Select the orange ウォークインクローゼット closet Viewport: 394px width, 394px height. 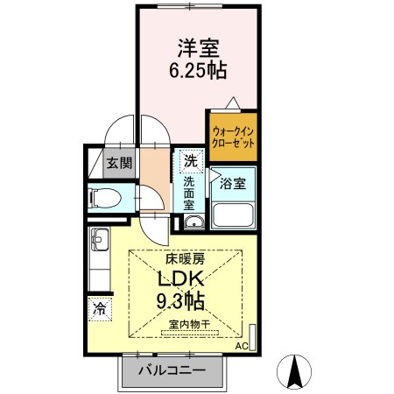click(x=233, y=137)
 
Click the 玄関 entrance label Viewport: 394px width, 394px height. click(x=120, y=163)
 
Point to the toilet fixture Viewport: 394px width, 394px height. click(x=104, y=197)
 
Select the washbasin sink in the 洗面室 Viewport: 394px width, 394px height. click(x=193, y=222)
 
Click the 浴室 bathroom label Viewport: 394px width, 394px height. click(x=232, y=184)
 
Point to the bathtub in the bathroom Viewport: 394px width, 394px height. click(x=232, y=215)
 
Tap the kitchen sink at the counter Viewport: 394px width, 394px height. click(x=97, y=237)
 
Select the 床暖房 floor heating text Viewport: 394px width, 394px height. click(x=186, y=259)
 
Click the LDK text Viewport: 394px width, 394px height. click(x=181, y=280)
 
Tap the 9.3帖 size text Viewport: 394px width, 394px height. click(x=182, y=302)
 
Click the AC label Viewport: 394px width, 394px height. click(x=242, y=346)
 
